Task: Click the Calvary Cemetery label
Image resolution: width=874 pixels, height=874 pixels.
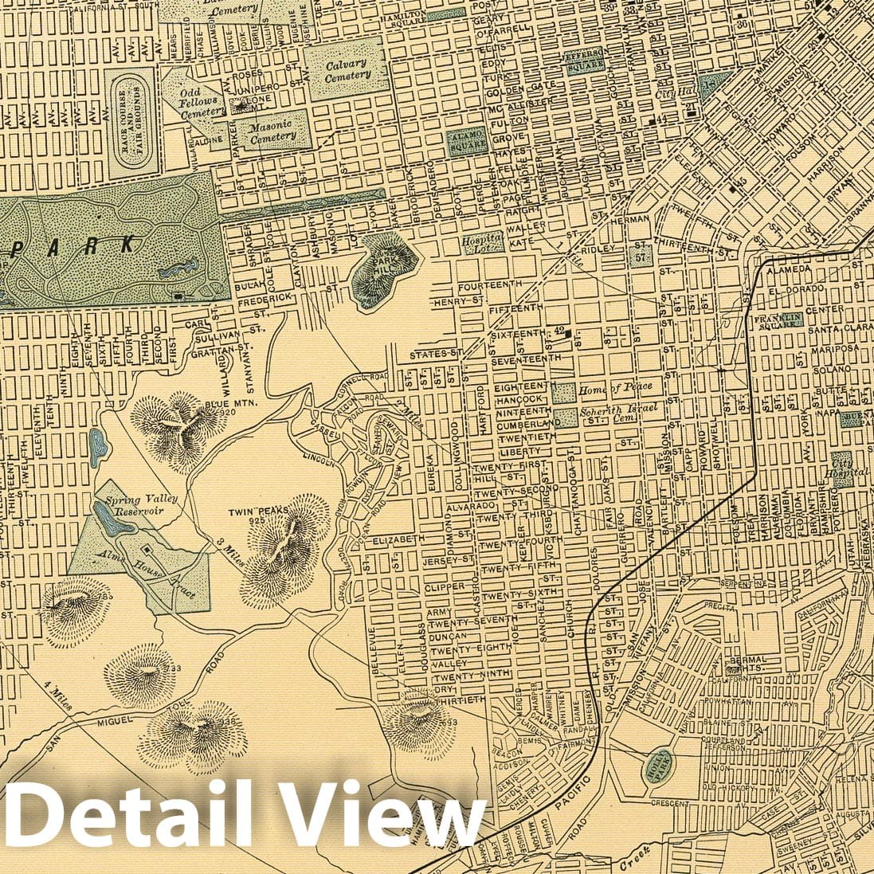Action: (347, 69)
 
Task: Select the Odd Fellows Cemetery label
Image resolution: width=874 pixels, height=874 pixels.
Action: (198, 106)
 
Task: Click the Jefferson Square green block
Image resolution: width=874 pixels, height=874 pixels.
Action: (587, 62)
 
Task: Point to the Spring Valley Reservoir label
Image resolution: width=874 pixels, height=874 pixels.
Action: (135, 504)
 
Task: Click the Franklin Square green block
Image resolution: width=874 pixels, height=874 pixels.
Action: (775, 320)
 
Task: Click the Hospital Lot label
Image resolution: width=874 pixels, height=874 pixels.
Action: (483, 243)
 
